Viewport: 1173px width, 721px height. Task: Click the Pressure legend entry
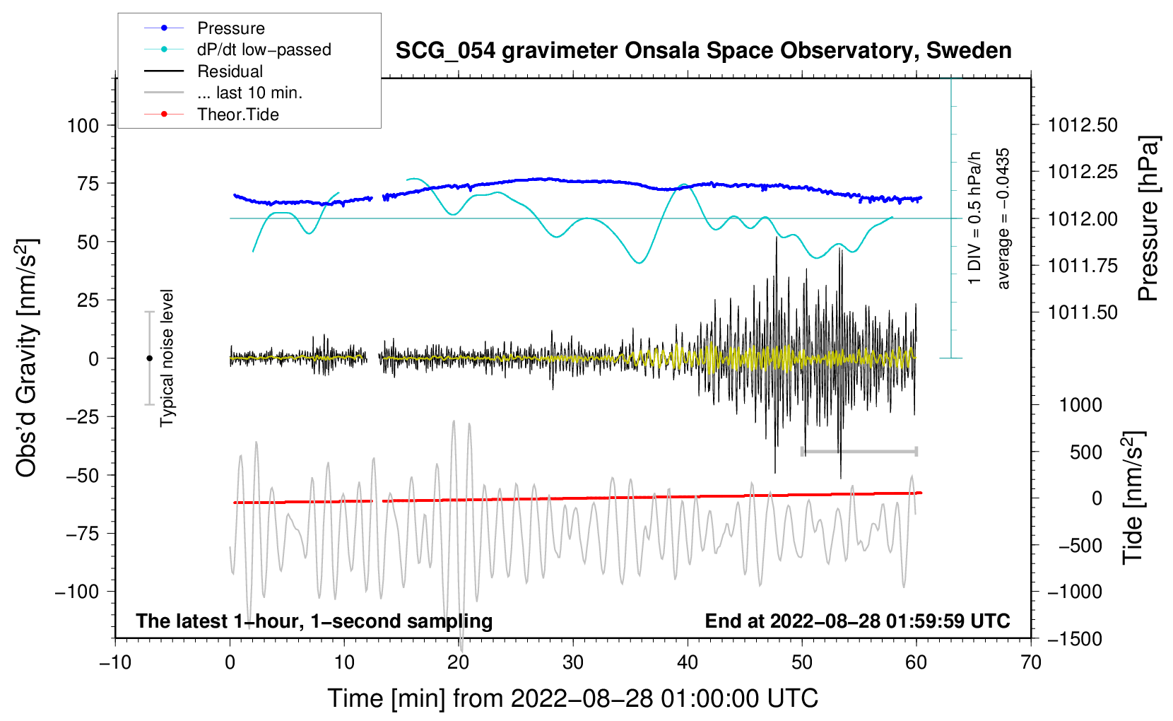pos(230,28)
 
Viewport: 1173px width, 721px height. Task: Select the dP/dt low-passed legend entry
pos(264,49)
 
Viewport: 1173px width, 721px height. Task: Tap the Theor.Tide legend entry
pos(237,115)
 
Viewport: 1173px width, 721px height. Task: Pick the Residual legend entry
pos(230,71)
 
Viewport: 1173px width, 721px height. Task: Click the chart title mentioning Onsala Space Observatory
pos(703,51)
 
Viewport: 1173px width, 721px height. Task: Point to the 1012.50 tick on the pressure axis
pos(1083,125)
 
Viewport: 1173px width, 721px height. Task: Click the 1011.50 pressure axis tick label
pos(1083,312)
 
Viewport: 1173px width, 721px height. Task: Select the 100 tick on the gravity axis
pos(83,126)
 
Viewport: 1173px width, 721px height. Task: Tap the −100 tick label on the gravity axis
pos(78,592)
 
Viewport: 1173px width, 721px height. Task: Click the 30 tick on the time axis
pos(573,662)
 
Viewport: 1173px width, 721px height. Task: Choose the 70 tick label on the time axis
pos(1031,662)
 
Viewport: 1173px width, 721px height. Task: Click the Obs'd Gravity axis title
pos(26,358)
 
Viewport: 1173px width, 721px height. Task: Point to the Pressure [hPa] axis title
pos(1149,219)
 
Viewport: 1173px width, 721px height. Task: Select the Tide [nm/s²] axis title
pos(1133,498)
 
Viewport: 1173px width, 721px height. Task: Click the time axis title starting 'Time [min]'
pos(573,698)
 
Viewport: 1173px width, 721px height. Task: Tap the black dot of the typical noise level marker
pos(149,358)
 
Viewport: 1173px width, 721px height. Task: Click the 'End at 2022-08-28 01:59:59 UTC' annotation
pos(857,621)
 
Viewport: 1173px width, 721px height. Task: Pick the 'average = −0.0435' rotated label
pos(1003,219)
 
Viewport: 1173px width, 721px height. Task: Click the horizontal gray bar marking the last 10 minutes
pos(859,451)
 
